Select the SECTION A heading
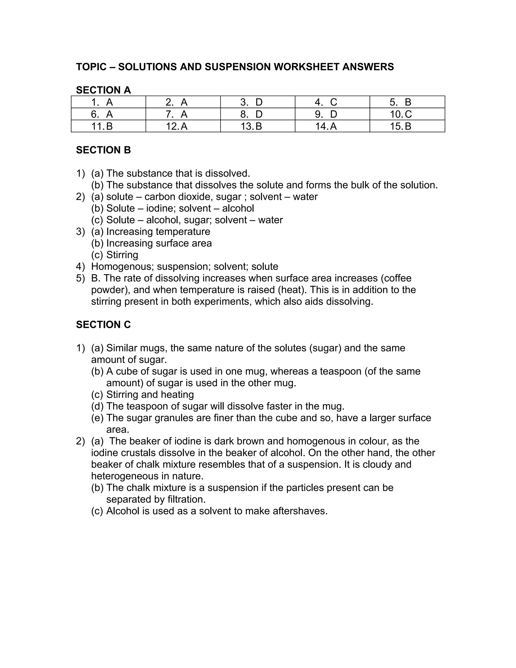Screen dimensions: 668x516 coord(103,90)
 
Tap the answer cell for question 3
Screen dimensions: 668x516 coord(257,102)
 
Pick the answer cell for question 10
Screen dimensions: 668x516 coord(407,114)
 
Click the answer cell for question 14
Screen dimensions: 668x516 coord(332,126)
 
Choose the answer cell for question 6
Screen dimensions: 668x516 coord(108,114)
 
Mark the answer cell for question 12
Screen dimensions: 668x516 coord(183,126)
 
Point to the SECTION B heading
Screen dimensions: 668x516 coord(103,150)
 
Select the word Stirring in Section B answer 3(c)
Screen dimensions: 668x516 coord(122,255)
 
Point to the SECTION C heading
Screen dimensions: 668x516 coord(103,324)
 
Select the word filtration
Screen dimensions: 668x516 coord(186,499)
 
